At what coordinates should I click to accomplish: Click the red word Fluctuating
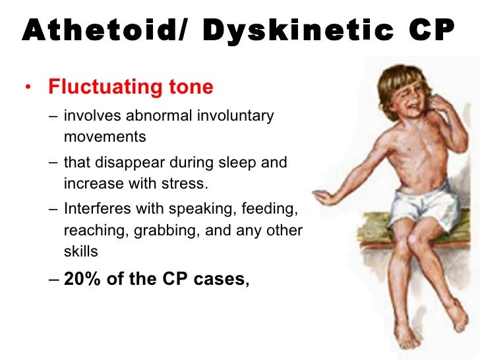click(x=105, y=87)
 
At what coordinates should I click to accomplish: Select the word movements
click(x=104, y=138)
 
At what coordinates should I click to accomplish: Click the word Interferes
click(x=98, y=210)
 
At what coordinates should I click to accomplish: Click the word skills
click(x=80, y=251)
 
